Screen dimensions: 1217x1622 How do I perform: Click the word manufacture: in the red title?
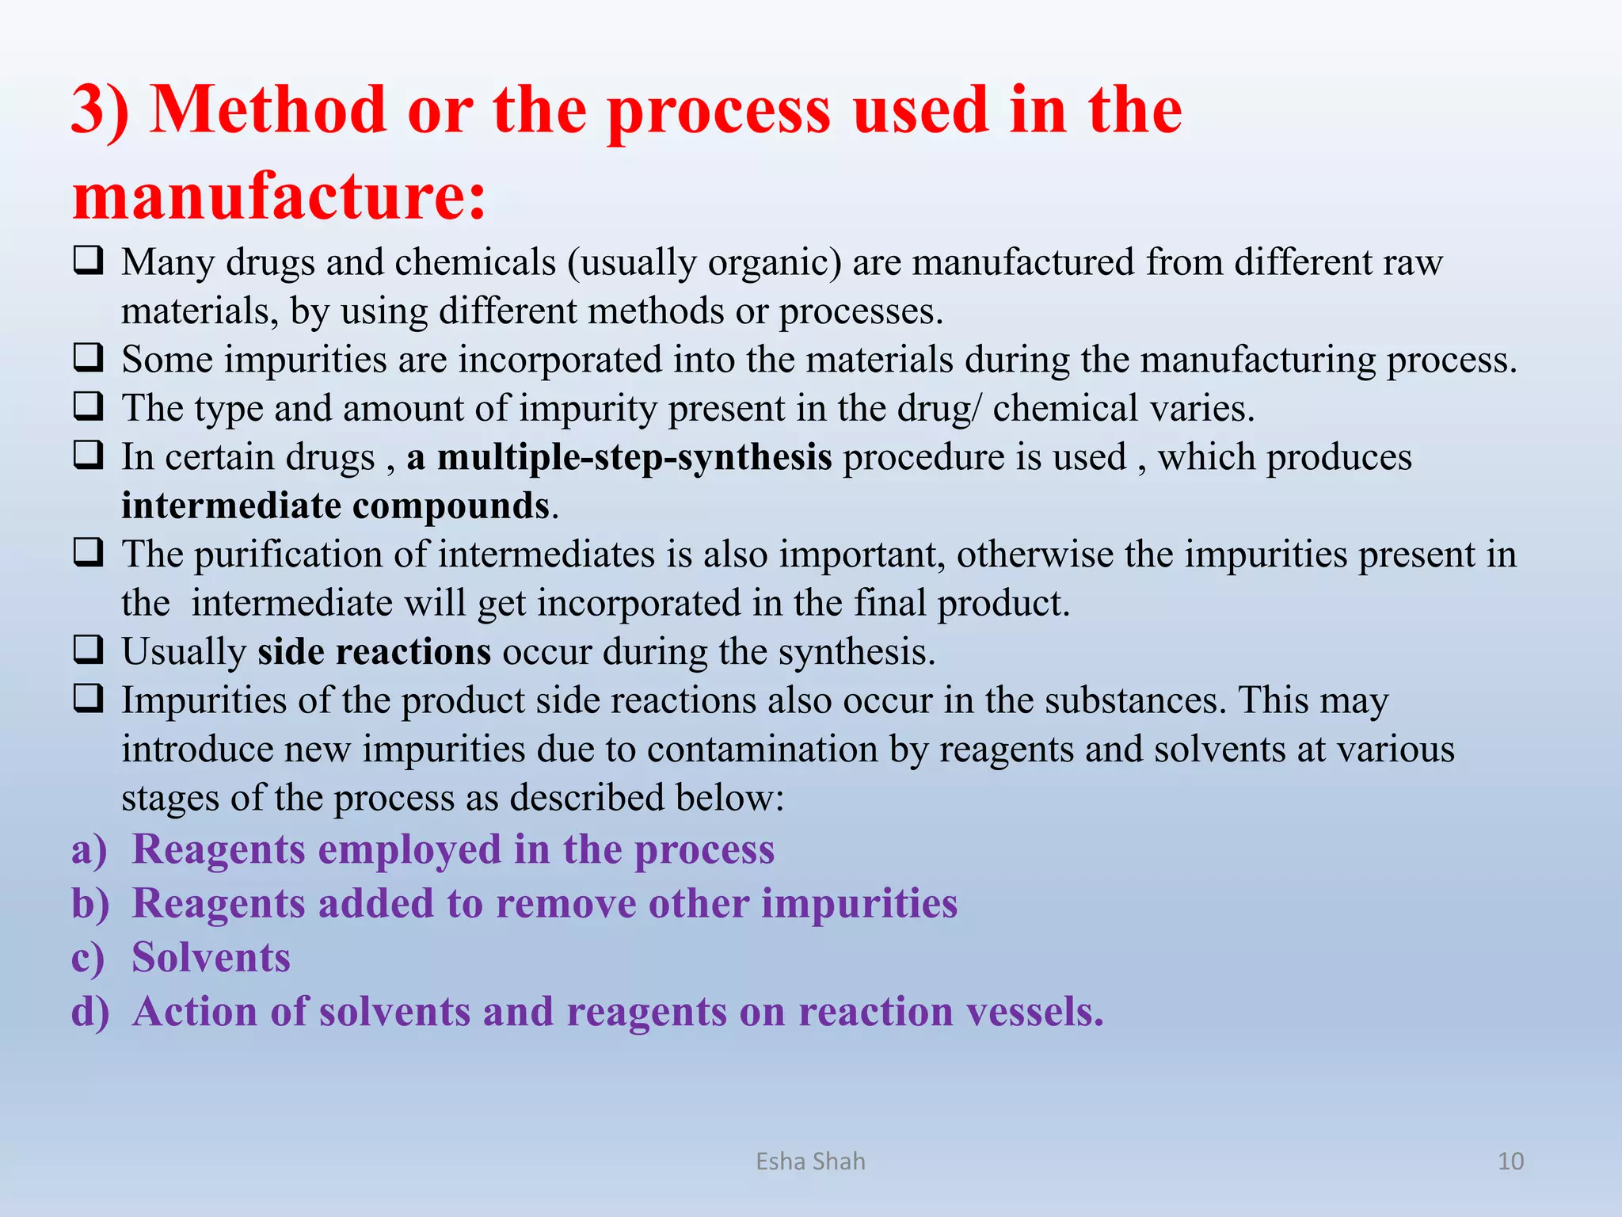279,196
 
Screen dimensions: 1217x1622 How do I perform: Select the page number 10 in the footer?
1510,1162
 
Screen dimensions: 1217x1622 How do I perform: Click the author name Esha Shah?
810,1162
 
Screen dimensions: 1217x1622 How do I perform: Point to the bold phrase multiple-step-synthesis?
634,458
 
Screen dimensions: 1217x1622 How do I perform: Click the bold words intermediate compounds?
335,506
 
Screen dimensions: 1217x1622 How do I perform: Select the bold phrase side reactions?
374,652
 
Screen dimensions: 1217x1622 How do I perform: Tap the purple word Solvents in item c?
211,957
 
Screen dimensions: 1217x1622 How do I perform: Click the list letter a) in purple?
89,849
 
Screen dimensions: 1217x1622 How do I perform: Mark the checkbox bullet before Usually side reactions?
88,650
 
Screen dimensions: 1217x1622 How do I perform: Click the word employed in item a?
409,850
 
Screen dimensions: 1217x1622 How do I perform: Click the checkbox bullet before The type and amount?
88,406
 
